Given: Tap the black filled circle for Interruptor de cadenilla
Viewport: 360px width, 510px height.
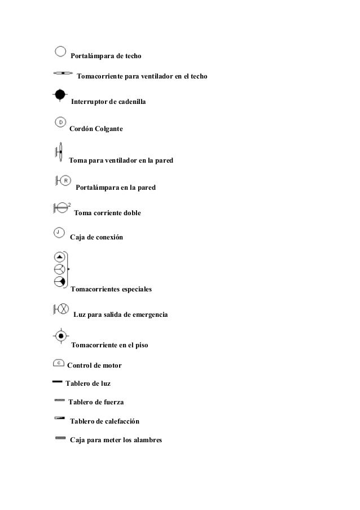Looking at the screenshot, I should (x=60, y=95).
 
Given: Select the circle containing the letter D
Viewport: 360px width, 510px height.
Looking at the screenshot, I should (x=60, y=121).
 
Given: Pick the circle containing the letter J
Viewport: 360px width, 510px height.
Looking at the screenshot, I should (x=58, y=232).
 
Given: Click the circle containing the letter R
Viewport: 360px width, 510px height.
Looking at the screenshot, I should (x=65, y=181).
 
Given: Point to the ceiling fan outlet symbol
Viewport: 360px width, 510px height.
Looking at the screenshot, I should (x=63, y=73).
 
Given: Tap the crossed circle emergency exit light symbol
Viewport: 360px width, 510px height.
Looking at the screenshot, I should (x=64, y=309).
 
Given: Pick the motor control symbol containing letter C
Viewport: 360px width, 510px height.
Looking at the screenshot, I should (x=59, y=362).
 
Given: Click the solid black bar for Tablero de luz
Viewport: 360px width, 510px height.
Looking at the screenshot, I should (x=57, y=382).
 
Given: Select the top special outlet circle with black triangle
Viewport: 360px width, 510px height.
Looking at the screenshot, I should (x=59, y=256).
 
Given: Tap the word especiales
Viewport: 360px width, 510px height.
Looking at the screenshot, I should (x=132, y=290).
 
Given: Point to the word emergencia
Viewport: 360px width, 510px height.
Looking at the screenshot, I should (x=148, y=313).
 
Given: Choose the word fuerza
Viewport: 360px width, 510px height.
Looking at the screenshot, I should (x=113, y=402).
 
